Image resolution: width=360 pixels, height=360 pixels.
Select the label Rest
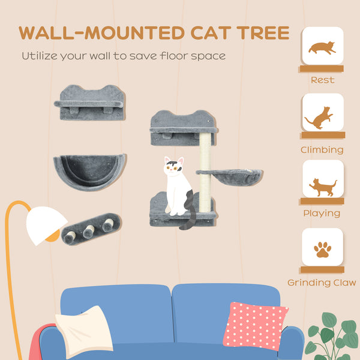[322, 80]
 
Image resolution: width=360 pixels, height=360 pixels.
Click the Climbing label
[323, 150]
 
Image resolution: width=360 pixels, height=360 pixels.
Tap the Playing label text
[323, 213]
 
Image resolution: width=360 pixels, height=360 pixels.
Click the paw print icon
[323, 248]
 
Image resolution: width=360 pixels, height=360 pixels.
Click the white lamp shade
[46, 225]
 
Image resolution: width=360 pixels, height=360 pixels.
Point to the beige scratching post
[205, 172]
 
